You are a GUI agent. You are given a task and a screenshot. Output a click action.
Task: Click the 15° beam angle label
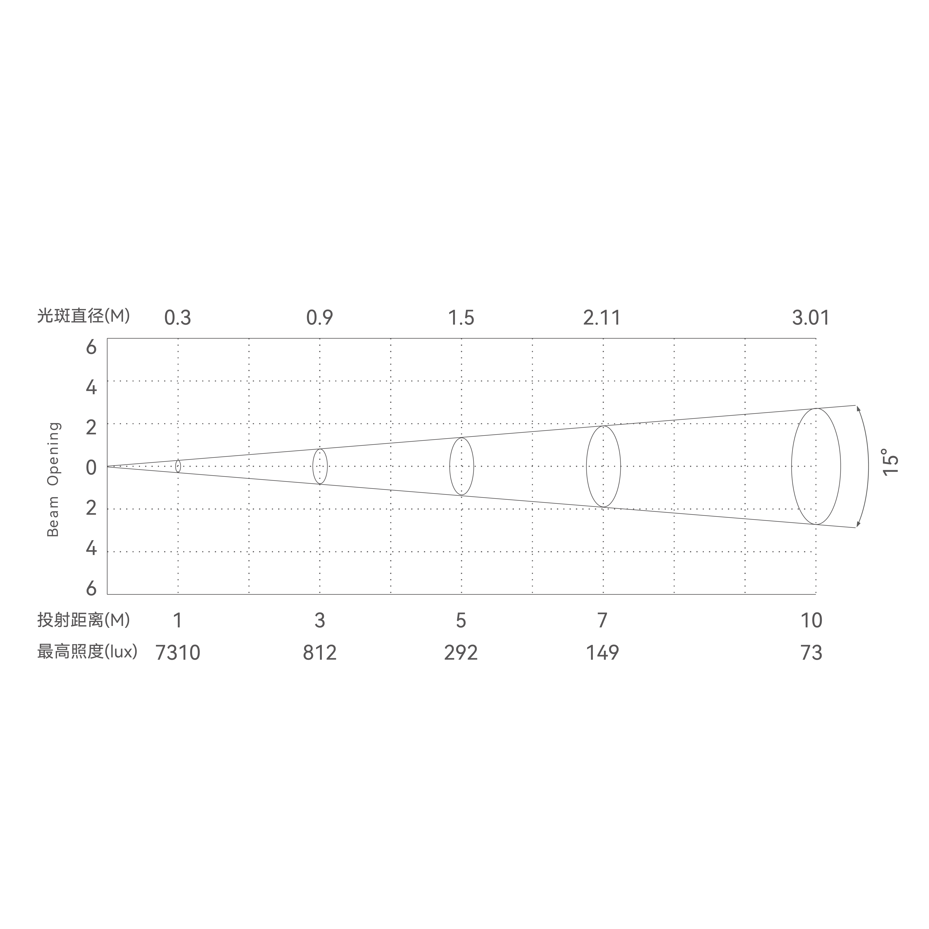[891, 462]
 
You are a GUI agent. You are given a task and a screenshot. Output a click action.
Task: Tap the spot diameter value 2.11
[602, 318]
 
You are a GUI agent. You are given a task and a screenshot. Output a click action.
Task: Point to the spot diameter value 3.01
[811, 318]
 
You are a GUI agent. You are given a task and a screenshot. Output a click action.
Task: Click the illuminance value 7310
[178, 653]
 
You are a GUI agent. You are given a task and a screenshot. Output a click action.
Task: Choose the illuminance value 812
[320, 653]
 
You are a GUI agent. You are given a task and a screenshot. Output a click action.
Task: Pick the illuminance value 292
[461, 653]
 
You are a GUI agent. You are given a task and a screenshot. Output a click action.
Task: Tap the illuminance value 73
[811, 653]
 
